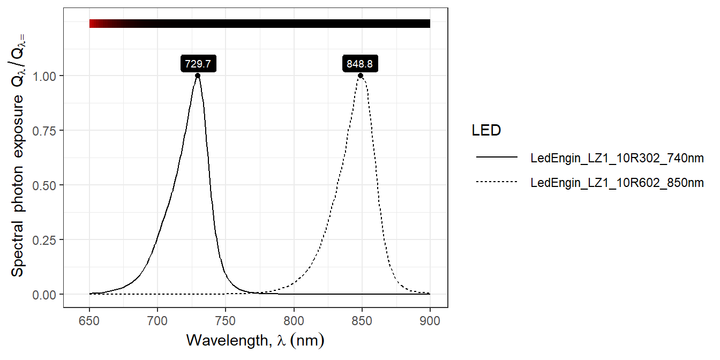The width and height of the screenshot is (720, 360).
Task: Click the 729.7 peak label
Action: coord(198,64)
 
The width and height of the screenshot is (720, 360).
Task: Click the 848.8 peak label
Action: coord(360,64)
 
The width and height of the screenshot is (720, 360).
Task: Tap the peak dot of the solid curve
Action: coord(198,76)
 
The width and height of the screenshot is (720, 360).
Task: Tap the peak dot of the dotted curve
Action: coord(361,76)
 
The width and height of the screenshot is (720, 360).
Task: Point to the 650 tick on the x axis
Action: coord(89,322)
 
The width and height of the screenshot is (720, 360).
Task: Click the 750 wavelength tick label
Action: coord(226,322)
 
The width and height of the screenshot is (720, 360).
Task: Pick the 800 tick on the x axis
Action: coord(294,322)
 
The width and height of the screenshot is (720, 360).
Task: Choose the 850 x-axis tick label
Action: coord(362,322)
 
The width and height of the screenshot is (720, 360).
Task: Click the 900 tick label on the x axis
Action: coord(430,322)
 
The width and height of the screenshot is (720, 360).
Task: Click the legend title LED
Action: coord(486,130)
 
